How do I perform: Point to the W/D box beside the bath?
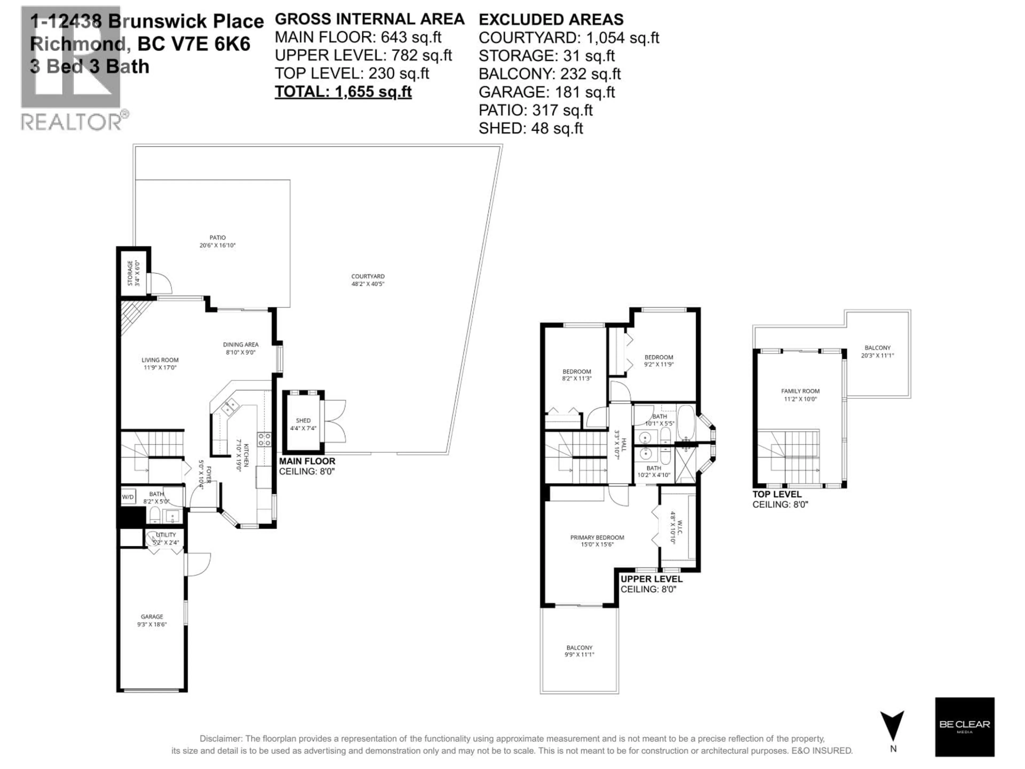(x=128, y=497)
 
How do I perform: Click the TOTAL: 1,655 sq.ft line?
(x=343, y=91)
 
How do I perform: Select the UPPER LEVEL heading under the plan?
(x=651, y=579)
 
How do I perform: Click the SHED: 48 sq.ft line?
(x=531, y=128)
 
